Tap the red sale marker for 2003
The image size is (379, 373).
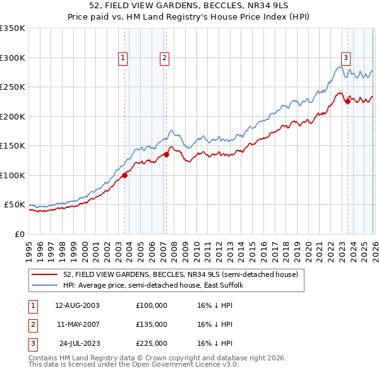pyautogui.click(x=124, y=175)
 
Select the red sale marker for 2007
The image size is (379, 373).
pyautogui.click(x=166, y=154)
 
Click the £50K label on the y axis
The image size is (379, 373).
pyautogui.click(x=15, y=205)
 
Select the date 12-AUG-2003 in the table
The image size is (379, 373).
pyautogui.click(x=77, y=305)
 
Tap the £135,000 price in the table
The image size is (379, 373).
pyautogui.click(x=152, y=324)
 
